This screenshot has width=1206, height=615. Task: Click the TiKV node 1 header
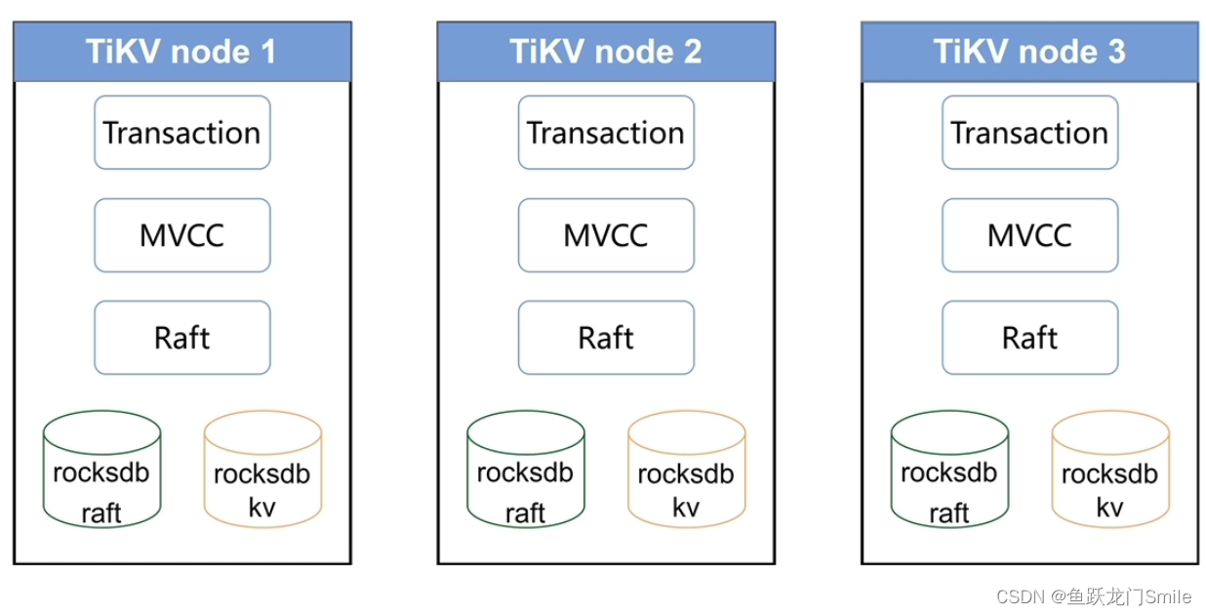point(182,52)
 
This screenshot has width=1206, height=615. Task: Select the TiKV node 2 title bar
point(606,52)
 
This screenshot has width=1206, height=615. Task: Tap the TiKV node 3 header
point(1029,52)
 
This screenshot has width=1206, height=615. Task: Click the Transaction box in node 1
point(182,133)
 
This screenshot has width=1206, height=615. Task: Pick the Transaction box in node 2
point(606,133)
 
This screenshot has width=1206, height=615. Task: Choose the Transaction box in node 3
point(1029,133)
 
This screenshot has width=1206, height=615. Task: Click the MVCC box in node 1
point(182,235)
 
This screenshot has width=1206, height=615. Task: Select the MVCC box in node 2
point(606,235)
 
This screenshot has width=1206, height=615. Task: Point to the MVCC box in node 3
point(1029,235)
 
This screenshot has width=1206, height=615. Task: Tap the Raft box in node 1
point(182,338)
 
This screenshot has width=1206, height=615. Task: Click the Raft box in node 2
point(606,338)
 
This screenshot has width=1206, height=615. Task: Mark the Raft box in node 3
point(1029,338)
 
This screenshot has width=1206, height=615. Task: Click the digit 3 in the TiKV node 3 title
point(1116,52)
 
